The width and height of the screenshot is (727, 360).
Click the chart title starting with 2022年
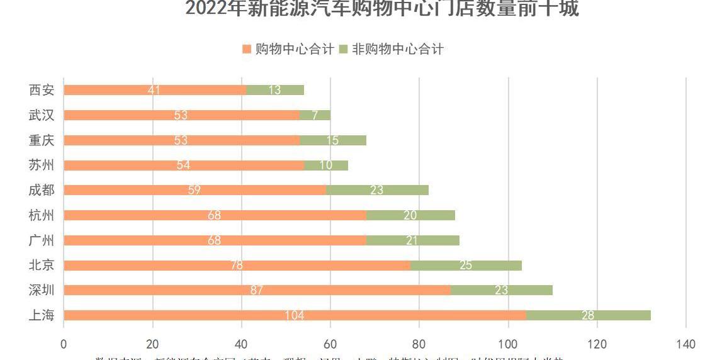(x=382, y=9)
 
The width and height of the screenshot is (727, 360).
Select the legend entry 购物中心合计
(x=288, y=49)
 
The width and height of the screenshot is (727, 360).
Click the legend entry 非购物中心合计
(x=391, y=49)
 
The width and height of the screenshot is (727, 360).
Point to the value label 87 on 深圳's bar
(x=257, y=290)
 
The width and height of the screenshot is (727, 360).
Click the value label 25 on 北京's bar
(x=466, y=265)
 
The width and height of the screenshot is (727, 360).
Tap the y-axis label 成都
(x=42, y=190)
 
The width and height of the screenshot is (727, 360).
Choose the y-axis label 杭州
(x=42, y=215)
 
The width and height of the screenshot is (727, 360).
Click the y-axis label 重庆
(x=42, y=140)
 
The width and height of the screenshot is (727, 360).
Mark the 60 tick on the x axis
(x=330, y=344)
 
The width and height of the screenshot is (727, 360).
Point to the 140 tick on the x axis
(x=685, y=344)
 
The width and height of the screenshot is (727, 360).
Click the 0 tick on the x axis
(x=64, y=344)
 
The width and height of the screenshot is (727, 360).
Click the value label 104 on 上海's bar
(x=295, y=315)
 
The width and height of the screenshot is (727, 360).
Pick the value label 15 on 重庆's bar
(x=332, y=140)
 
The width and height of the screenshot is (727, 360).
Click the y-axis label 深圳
(x=42, y=290)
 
